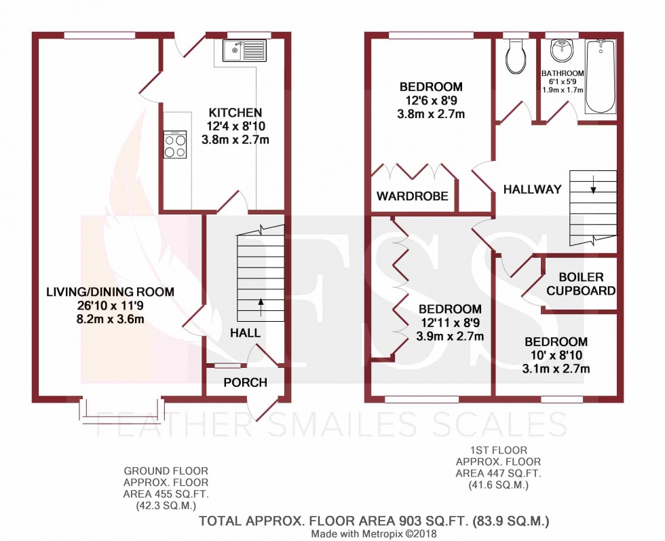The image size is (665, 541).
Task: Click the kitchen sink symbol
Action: [243, 50]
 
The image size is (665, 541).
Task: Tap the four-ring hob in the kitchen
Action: [175, 145]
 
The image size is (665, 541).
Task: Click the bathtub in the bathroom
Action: [600, 77]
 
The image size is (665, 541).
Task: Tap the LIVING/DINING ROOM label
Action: [110, 292]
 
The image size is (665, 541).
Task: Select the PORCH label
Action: [245, 382]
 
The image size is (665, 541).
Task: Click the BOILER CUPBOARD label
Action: [581, 284]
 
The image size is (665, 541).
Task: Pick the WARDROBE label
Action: [413, 196]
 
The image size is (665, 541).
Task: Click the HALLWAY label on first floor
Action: [532, 189]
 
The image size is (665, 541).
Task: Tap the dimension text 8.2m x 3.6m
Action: [110, 318]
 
